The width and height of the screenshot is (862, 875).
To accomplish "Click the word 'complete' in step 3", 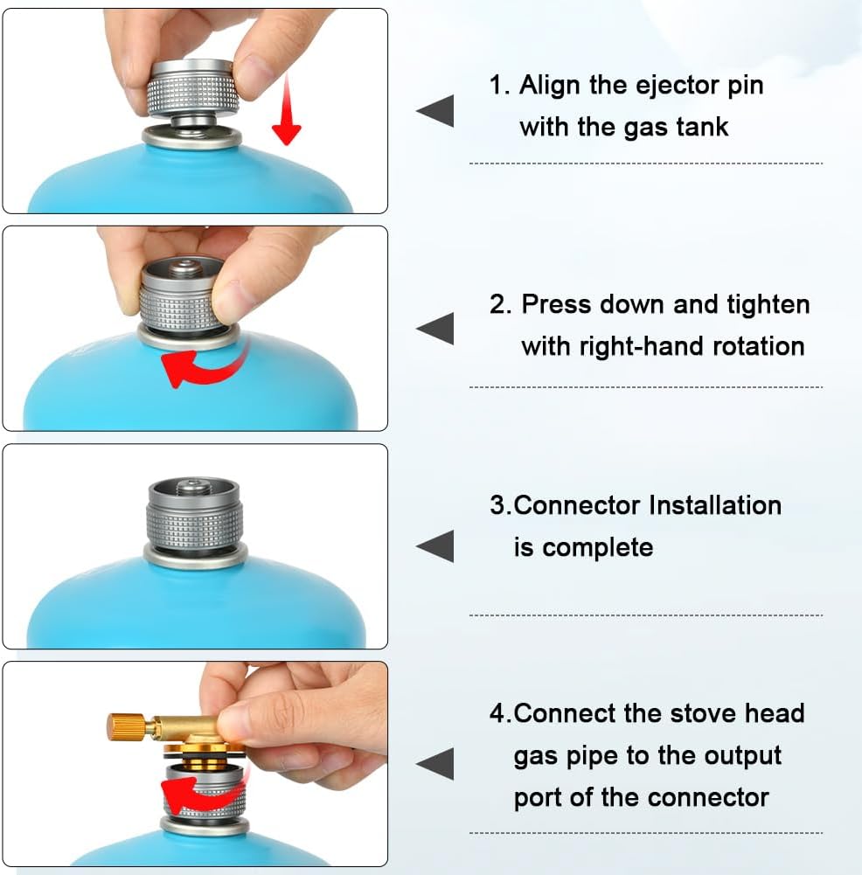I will tap(597, 548).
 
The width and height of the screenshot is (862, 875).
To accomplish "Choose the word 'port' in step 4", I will tap(536, 797).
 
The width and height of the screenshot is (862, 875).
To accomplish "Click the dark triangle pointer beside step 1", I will tap(435, 112).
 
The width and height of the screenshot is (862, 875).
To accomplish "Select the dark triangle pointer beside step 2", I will tap(435, 329).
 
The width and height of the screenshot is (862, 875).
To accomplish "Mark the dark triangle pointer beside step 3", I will tap(435, 546).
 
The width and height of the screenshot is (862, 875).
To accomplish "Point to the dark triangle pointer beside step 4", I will tap(435, 763).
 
